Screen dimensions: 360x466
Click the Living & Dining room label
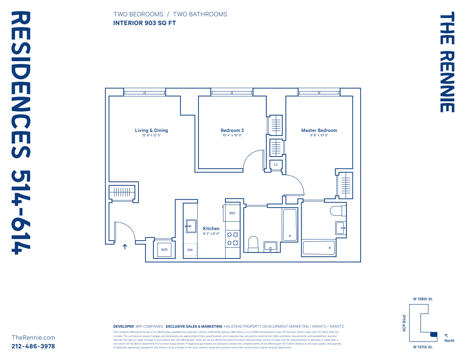point(151,130)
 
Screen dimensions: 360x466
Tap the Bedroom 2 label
point(232,130)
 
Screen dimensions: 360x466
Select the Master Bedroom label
point(319,130)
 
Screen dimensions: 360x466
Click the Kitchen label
point(211,229)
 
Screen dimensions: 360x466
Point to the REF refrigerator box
point(232,213)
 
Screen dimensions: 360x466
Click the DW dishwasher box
point(190,250)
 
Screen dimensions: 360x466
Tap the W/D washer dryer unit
point(164,250)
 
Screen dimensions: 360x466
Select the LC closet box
point(276,165)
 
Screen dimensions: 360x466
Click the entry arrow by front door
point(125,247)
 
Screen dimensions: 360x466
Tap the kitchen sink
point(191,226)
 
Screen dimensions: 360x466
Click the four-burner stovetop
point(232,239)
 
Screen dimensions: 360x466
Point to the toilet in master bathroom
point(338,211)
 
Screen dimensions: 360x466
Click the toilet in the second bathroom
point(253,244)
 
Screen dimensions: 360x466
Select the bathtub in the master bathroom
point(319,248)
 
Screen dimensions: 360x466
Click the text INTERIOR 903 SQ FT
point(144,23)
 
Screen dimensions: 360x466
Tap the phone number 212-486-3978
point(33,346)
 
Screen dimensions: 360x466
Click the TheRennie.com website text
point(33,338)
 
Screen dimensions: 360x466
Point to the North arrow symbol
point(446,336)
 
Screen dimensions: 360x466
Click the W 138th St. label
point(423,299)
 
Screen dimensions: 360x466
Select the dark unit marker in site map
point(434,334)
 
